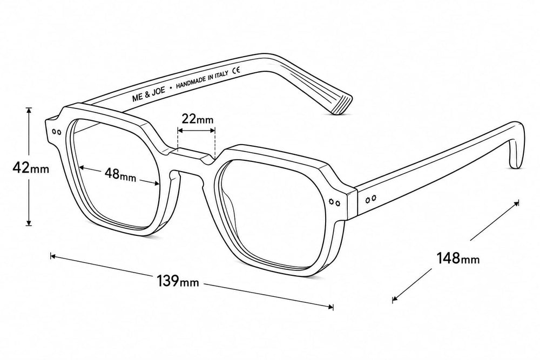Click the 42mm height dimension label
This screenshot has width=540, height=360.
(31, 168)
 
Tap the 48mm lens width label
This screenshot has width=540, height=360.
(120, 174)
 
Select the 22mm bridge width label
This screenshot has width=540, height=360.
(197, 119)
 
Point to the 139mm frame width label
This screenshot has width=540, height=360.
(178, 281)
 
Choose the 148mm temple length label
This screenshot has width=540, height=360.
(458, 257)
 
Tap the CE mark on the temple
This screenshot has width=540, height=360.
(237, 71)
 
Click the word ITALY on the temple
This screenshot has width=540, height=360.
(222, 75)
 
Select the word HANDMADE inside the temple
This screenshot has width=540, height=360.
(191, 83)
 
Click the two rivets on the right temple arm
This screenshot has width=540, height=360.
(371, 199)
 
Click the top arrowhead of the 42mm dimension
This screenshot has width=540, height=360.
(29, 111)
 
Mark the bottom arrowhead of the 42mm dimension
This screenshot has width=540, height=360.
(29, 222)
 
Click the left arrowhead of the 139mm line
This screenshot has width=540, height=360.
(53, 256)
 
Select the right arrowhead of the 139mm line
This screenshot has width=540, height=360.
(330, 307)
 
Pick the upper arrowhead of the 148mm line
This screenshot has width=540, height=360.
(516, 203)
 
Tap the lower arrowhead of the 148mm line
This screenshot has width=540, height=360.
(395, 298)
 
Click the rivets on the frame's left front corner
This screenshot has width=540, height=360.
(56, 132)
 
